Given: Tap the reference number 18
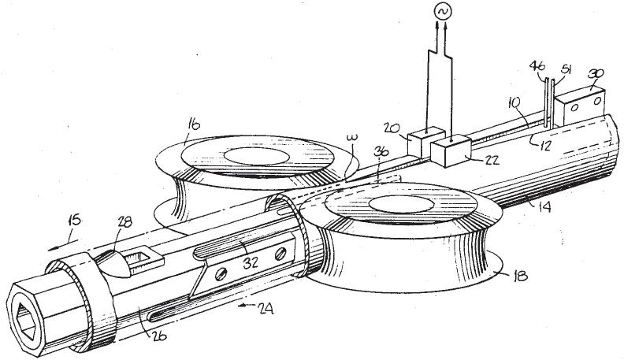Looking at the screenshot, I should click(518, 276).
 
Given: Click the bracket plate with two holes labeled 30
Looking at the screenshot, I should click(580, 101).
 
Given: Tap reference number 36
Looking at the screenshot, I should click(381, 154).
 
